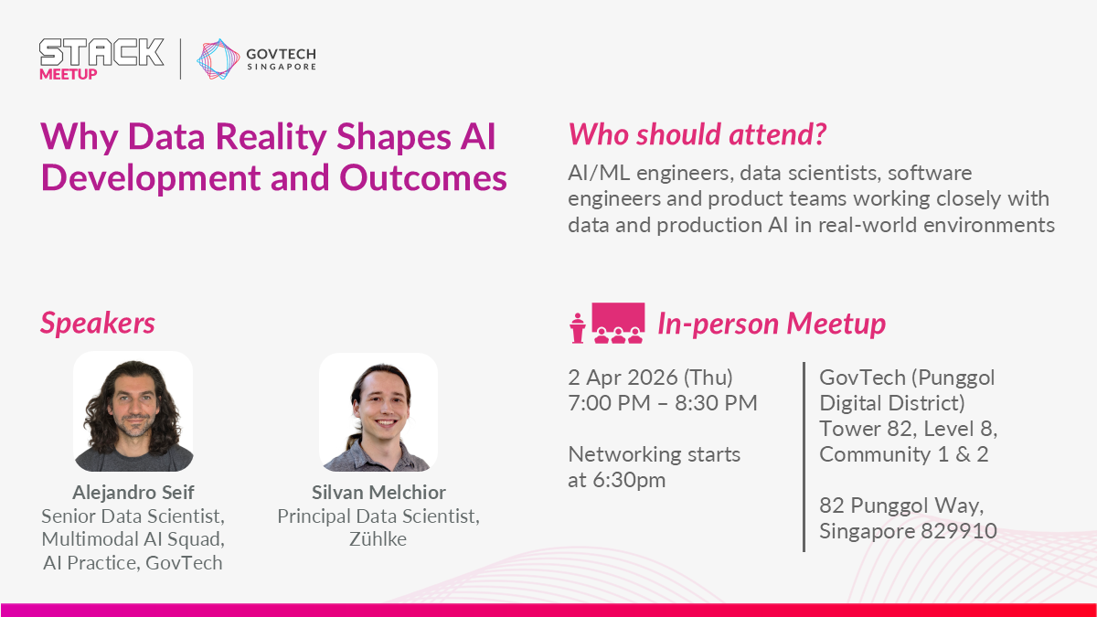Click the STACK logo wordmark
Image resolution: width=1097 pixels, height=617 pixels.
pyautogui.click(x=101, y=52)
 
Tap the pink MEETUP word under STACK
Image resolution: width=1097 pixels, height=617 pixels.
pyautogui.click(x=68, y=74)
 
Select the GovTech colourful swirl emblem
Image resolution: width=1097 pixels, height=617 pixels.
pyautogui.click(x=218, y=59)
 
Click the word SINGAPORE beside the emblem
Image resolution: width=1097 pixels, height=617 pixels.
pyautogui.click(x=282, y=67)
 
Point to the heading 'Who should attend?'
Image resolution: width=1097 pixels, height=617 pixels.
pyautogui.click(x=697, y=133)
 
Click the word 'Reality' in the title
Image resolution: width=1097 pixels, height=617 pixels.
pyautogui.click(x=271, y=136)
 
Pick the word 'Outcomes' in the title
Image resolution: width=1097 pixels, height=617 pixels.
pyautogui.click(x=422, y=177)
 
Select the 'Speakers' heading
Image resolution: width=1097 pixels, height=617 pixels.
pyautogui.click(x=98, y=324)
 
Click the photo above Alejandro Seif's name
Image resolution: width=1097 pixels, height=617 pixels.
pyautogui.click(x=133, y=411)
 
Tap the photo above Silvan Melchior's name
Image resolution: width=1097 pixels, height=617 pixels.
pyautogui.click(x=378, y=412)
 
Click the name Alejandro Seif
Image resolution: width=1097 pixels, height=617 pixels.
pyautogui.click(x=133, y=492)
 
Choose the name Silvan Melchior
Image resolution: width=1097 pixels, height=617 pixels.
pyautogui.click(x=378, y=492)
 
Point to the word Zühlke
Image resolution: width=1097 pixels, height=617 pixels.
pyautogui.click(x=378, y=538)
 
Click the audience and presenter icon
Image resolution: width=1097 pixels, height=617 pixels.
pyautogui.click(x=607, y=324)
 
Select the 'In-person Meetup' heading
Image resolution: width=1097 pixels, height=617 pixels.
pyautogui.click(x=772, y=324)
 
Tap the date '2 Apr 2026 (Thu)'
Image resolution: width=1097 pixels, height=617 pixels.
pyautogui.click(x=650, y=378)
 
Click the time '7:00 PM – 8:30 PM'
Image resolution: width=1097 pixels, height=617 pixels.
pyautogui.click(x=663, y=403)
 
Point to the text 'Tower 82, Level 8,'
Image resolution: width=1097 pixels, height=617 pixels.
pyautogui.click(x=909, y=429)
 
